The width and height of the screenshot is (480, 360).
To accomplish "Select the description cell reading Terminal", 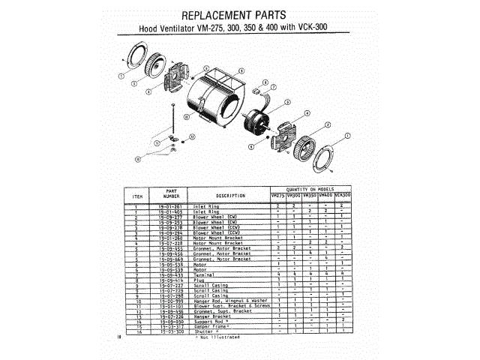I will point(207,275).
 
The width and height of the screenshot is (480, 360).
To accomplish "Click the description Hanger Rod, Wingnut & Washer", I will point(226,301).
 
